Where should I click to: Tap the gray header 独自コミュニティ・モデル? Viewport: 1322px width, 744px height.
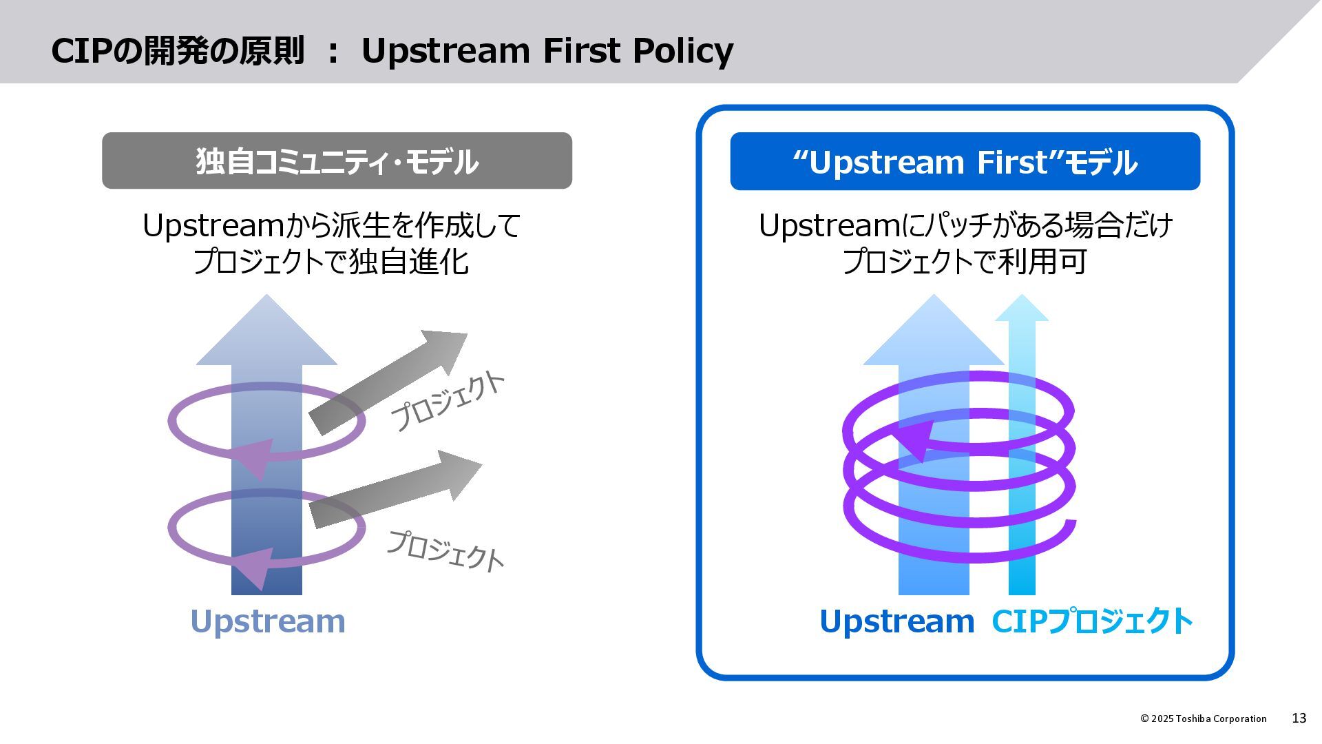337,161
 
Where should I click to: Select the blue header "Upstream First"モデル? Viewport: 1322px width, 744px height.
965,161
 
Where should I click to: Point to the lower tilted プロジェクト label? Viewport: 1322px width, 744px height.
445,550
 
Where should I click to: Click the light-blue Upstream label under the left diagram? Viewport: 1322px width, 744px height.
268,621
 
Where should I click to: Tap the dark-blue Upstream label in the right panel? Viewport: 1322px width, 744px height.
897,621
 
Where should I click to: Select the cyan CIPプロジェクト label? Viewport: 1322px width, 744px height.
1092,621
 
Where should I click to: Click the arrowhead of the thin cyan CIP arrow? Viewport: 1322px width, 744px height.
1022,309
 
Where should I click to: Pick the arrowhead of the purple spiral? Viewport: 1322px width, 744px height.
913,441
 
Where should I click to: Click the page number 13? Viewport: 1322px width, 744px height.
1299,719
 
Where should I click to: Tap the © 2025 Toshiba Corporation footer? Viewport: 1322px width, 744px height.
1203,719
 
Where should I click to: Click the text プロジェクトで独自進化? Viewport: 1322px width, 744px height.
331,262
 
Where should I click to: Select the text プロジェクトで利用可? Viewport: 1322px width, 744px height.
965,262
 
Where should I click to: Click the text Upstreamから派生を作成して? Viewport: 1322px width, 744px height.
331,226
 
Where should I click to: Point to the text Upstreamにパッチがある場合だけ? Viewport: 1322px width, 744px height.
965,226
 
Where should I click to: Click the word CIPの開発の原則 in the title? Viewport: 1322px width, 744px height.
178,51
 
